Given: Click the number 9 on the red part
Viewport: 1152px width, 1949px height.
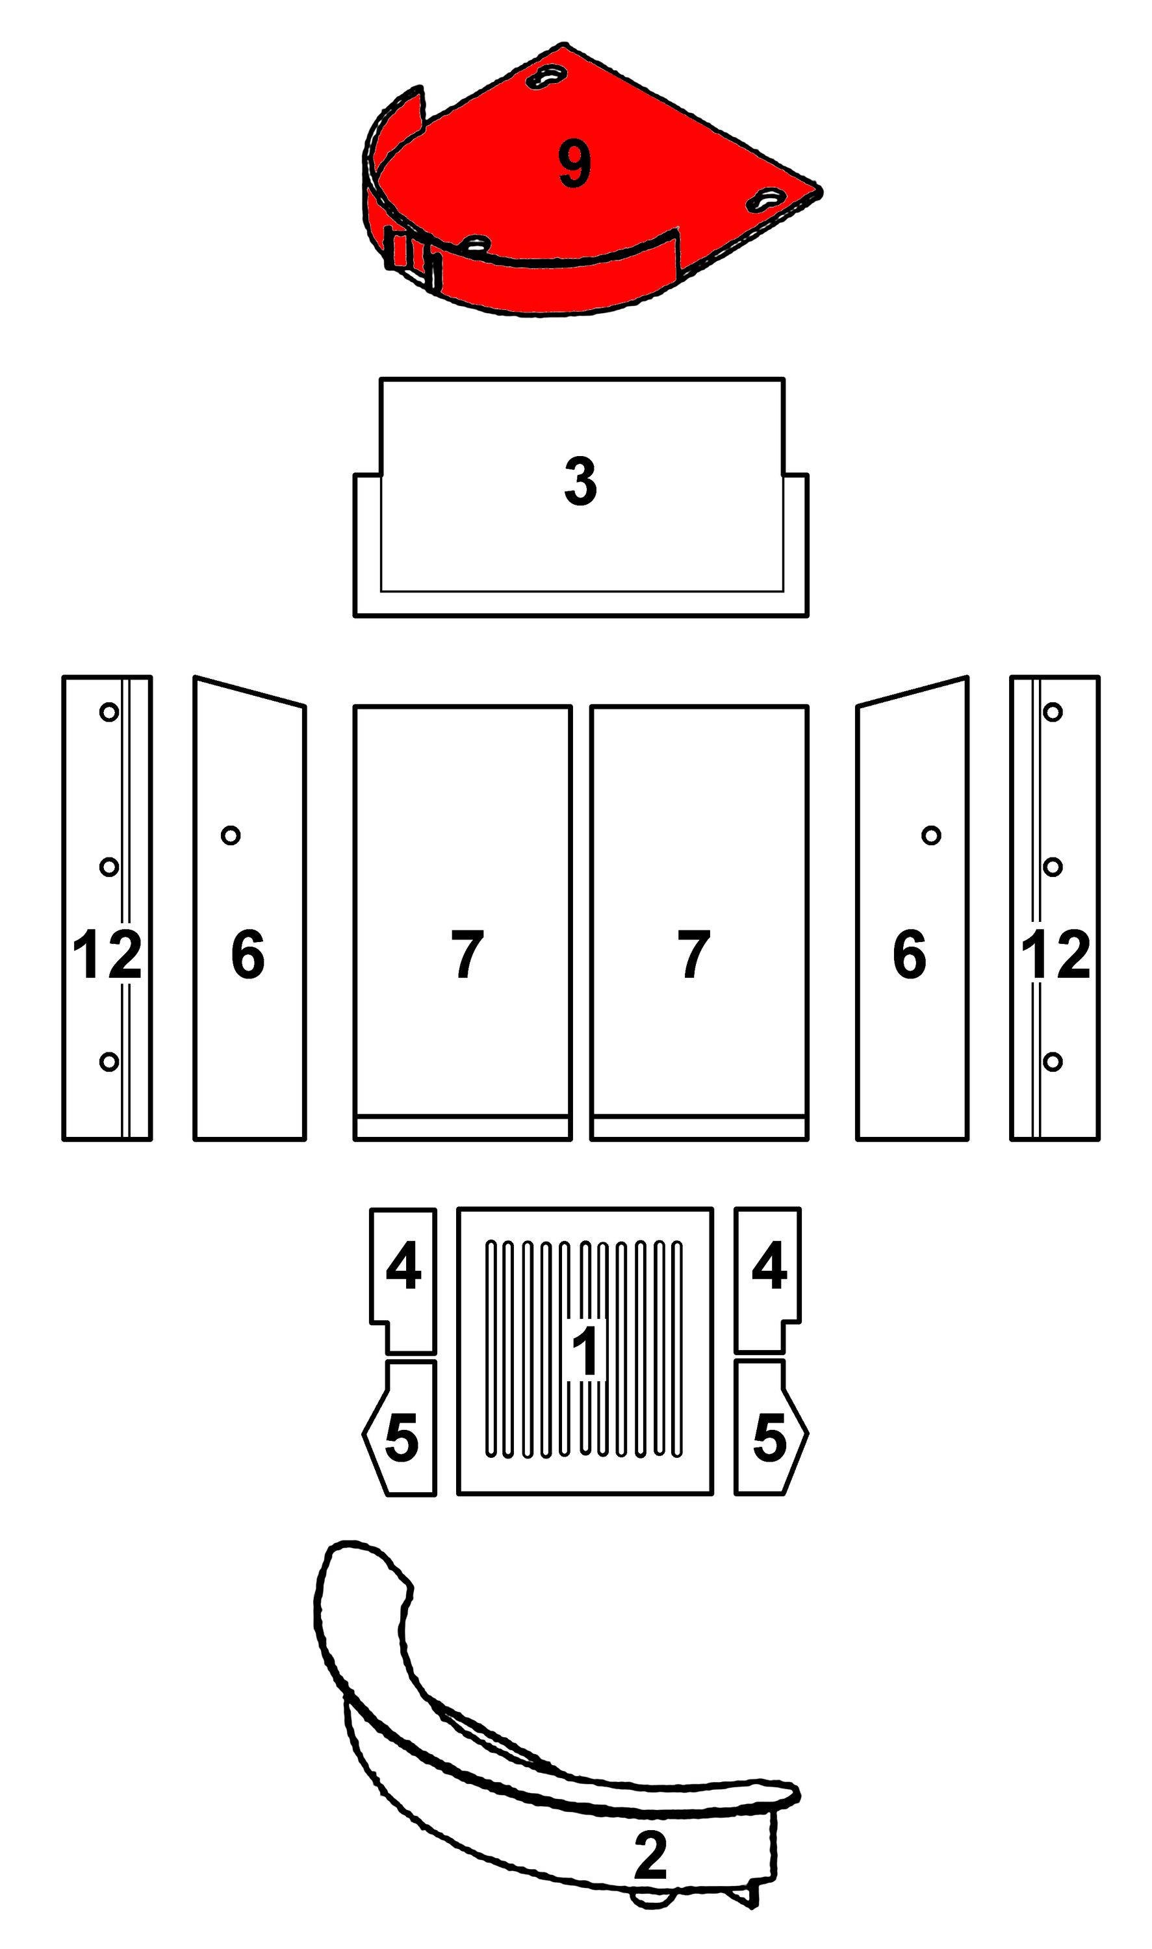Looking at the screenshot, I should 574,164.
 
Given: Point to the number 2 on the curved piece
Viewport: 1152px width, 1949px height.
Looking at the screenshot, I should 650,1855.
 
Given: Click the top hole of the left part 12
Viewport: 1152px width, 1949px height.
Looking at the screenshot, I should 109,712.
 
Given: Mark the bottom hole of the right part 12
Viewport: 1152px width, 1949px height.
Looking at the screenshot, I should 1053,1061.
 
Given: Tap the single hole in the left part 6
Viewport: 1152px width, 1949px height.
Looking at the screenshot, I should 231,835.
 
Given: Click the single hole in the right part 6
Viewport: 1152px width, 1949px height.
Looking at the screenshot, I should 932,835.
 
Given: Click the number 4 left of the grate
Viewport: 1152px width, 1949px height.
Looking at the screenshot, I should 403,1265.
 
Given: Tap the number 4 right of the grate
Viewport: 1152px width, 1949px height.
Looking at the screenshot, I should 769,1265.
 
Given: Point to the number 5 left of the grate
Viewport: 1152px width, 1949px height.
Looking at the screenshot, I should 402,1438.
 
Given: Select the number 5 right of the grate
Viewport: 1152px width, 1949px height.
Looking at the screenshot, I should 770,1438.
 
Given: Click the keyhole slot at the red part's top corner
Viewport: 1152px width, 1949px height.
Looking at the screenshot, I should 547,76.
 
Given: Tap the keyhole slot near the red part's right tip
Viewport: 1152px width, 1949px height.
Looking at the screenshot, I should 767,200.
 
